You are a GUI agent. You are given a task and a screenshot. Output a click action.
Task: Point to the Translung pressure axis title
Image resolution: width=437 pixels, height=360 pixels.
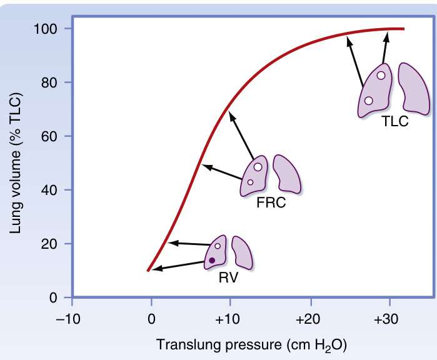point(251,344)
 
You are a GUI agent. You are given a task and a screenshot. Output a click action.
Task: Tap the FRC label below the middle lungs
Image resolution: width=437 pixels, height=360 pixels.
point(271,204)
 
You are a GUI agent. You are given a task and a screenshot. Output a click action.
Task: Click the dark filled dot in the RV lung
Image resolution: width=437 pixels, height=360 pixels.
point(212,260)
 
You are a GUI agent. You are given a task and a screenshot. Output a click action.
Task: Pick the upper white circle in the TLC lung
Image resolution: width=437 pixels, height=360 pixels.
point(381,76)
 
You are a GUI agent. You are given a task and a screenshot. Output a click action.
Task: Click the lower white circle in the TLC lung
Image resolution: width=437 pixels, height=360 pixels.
point(368,101)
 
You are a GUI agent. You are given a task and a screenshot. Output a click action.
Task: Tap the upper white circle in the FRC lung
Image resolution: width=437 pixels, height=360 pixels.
point(258,167)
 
